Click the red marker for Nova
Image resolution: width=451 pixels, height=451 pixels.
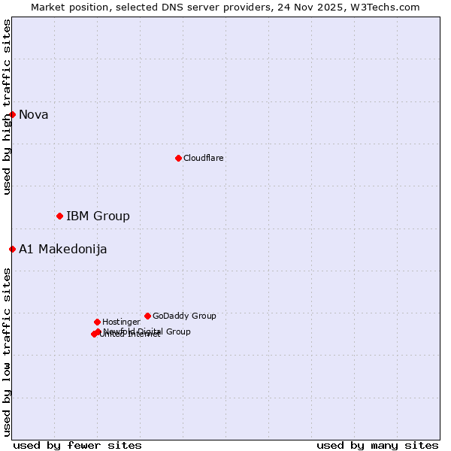(13, 114)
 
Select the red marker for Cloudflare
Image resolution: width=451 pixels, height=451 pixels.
(178, 158)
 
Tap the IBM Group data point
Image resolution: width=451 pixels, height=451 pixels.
(59, 216)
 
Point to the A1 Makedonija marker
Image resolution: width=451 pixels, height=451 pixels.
(13, 249)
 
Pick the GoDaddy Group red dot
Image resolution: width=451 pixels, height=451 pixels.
(147, 316)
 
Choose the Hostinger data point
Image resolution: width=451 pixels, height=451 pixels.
(97, 322)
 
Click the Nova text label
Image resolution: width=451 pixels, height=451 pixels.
(34, 114)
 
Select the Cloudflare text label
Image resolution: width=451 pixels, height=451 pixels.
(204, 158)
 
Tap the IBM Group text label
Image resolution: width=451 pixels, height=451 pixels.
(98, 216)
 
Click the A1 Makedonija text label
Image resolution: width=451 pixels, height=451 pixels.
(63, 250)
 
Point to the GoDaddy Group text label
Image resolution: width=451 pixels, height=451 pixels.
(184, 316)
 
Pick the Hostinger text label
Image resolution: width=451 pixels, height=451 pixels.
(121, 322)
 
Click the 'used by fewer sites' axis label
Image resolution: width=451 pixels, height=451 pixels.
(77, 446)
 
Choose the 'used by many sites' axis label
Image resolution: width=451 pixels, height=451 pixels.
(377, 446)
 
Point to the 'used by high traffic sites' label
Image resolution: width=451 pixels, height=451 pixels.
(7, 107)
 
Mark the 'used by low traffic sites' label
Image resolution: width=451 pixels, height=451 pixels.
(7, 352)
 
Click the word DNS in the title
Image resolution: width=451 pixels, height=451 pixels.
(174, 7)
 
